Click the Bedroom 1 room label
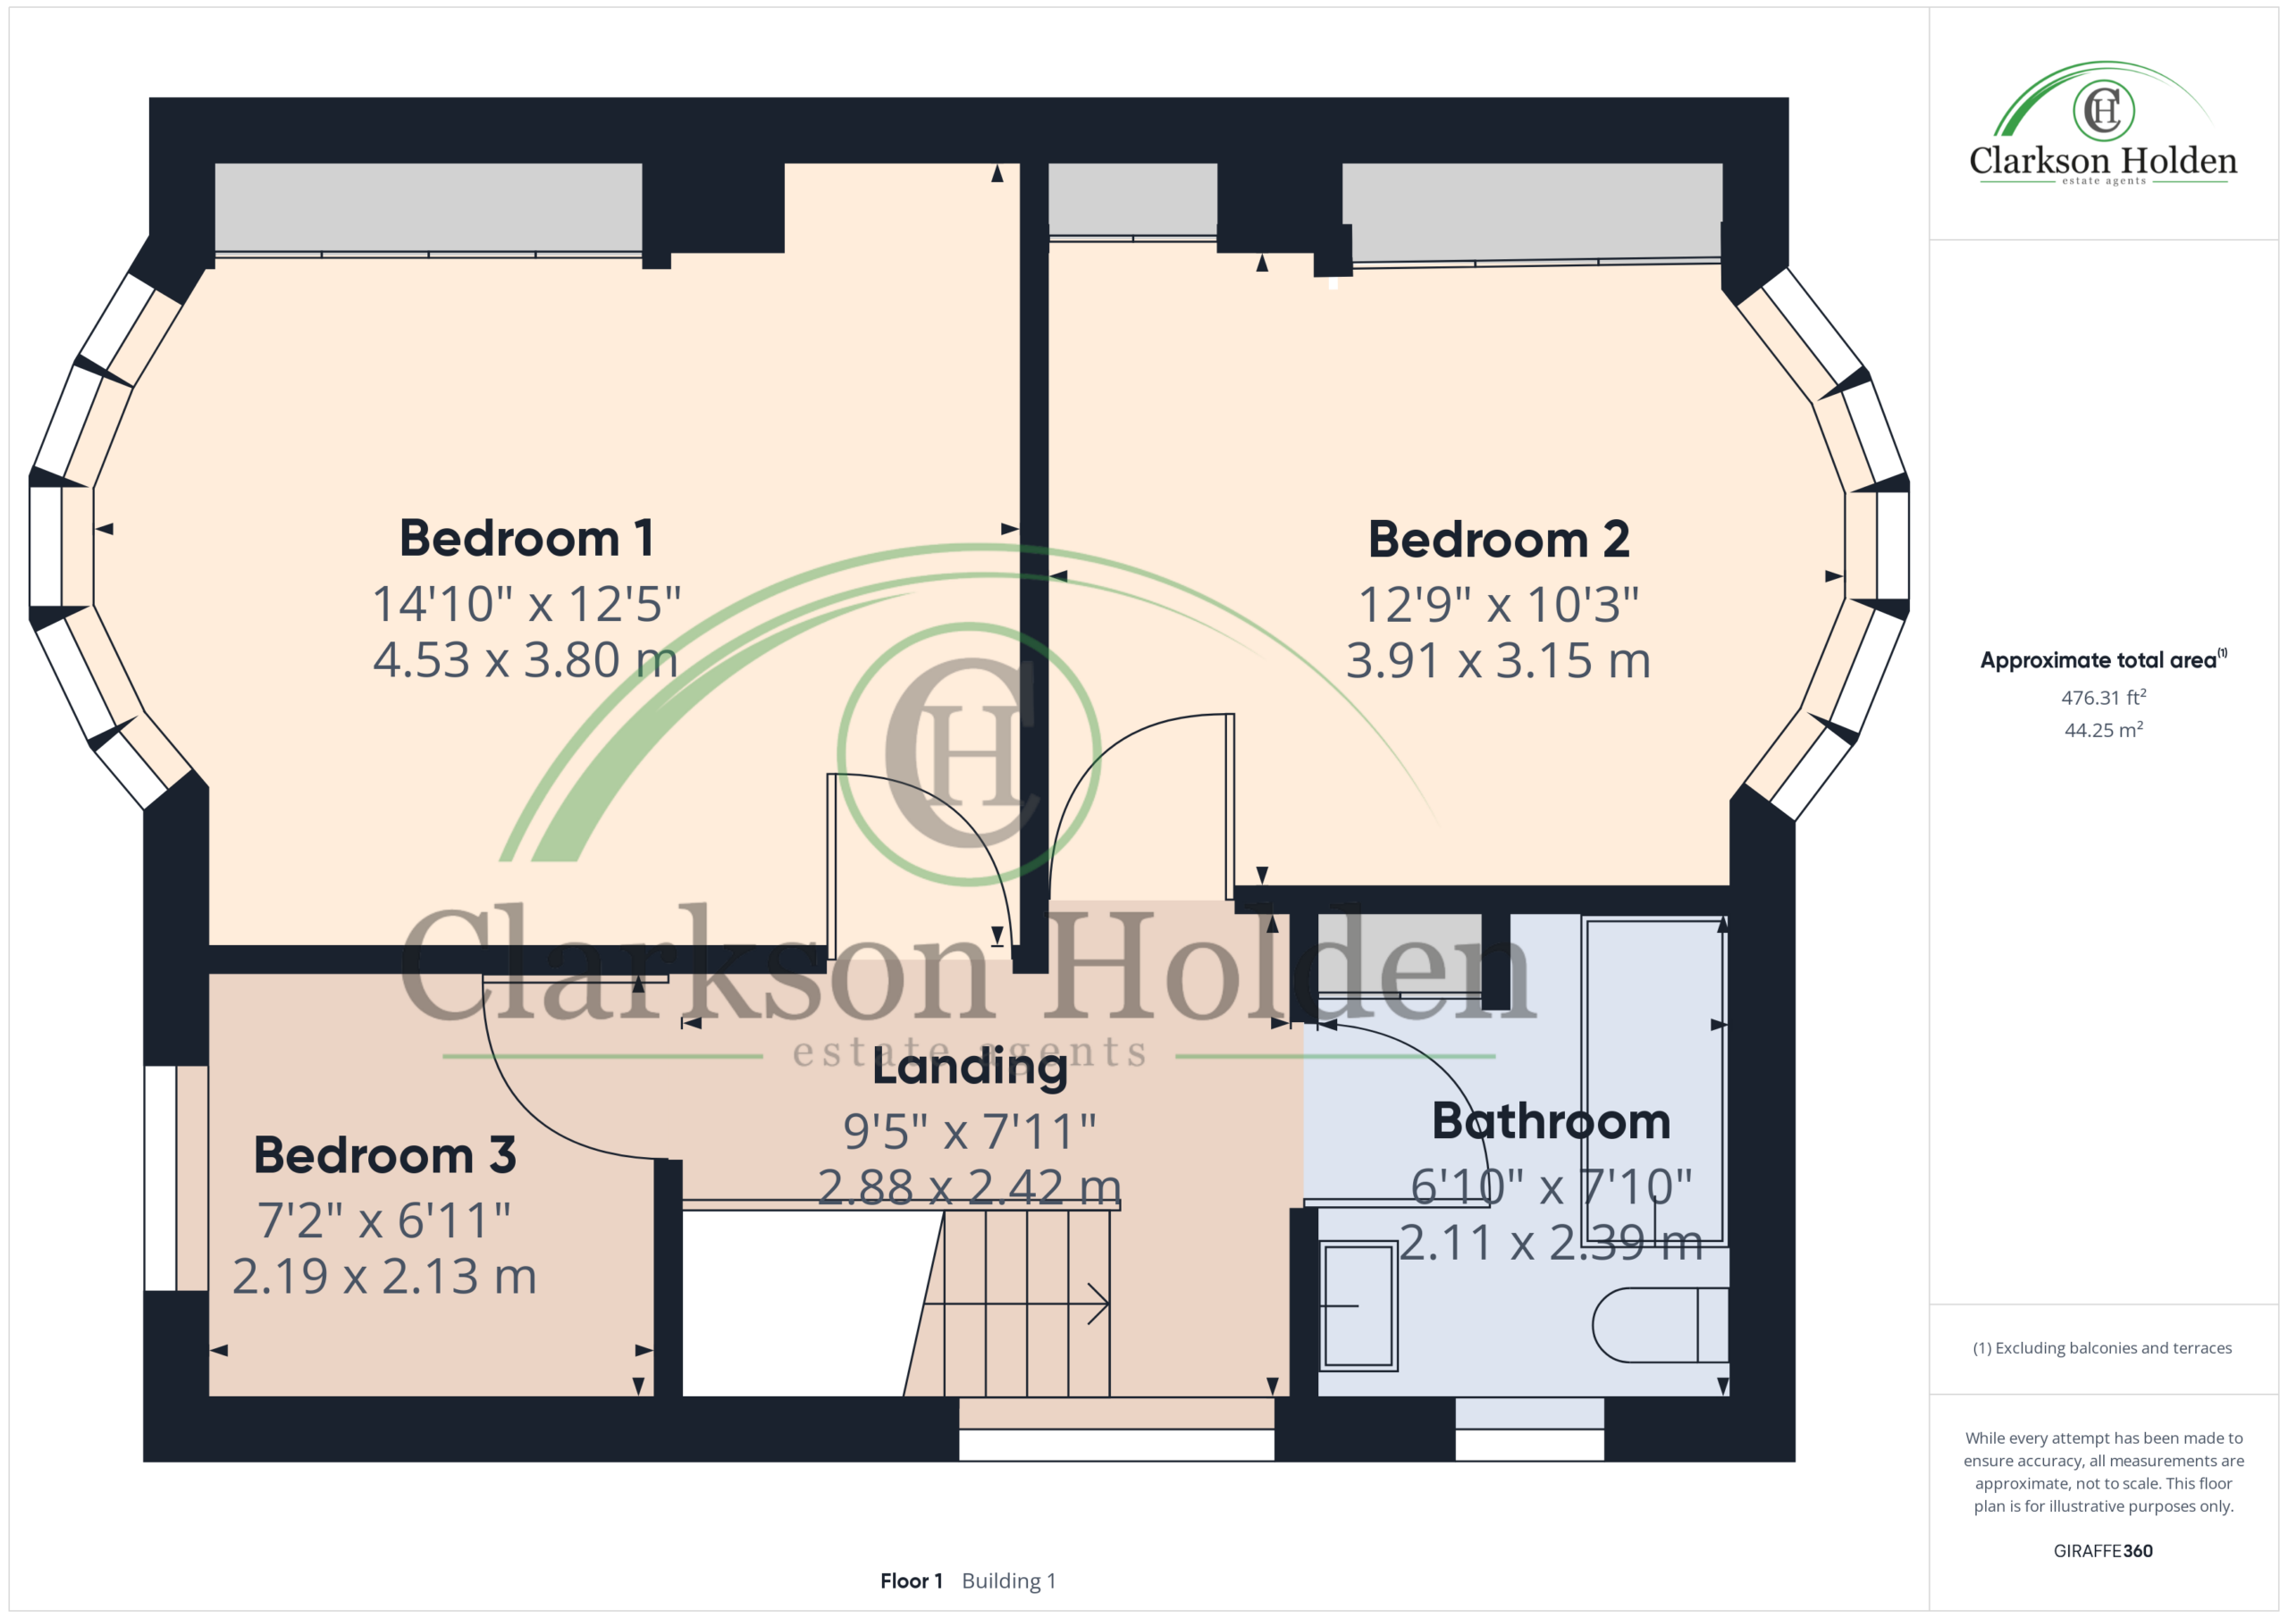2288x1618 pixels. pos(526,539)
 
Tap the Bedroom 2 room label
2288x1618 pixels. pos(1498,540)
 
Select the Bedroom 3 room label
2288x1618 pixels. pos(384,1156)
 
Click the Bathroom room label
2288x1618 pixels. pos(1551,1122)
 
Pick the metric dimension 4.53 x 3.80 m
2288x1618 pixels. pos(526,660)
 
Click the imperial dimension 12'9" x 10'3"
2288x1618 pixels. pos(1498,605)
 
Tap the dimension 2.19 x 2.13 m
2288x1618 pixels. pos(384,1278)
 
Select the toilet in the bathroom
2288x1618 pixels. pos(1659,1325)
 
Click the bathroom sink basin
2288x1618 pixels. pos(1358,1306)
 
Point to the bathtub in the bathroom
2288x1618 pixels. pos(1655,1081)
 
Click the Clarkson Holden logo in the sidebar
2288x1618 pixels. pos(2103,123)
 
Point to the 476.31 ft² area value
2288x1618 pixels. pos(2103,698)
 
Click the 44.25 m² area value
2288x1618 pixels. pos(2103,729)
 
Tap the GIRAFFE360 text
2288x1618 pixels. pos(2103,1551)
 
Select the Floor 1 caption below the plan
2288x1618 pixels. pos(911,1581)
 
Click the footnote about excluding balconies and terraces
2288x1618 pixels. pos(2103,1348)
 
